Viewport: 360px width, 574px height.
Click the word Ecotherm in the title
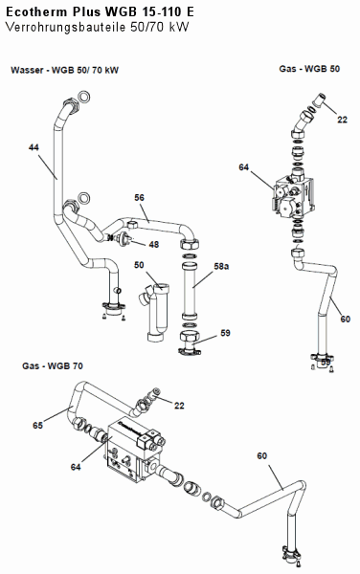point(36,11)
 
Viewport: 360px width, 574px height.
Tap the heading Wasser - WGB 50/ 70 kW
point(64,70)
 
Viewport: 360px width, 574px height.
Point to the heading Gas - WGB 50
point(309,69)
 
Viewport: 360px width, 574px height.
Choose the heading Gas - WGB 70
point(53,365)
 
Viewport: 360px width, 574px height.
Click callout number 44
point(34,147)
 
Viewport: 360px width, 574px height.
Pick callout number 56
point(139,198)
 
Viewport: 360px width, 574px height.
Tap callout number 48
point(154,244)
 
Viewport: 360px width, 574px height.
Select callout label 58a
point(221,266)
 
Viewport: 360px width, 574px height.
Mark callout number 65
point(37,426)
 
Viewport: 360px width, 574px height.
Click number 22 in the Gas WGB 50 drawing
point(342,120)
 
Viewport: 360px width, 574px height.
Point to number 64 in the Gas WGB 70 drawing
point(76,467)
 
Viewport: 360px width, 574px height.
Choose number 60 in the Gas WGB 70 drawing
point(261,455)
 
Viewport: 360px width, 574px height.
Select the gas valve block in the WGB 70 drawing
point(134,449)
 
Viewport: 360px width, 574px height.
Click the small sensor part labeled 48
point(121,238)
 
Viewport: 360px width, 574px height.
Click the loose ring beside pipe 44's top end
point(85,97)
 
